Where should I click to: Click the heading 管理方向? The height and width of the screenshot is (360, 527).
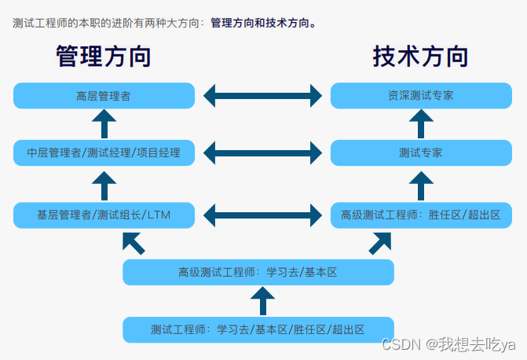104,57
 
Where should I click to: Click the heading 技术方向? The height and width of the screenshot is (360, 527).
420,57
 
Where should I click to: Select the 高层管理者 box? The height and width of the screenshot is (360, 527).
104,96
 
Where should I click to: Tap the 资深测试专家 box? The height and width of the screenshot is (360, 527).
420,96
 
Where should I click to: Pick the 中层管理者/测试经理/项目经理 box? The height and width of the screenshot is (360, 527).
104,152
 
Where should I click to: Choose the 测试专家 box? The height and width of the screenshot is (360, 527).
420,152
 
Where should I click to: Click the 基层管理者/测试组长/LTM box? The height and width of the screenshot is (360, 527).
104,214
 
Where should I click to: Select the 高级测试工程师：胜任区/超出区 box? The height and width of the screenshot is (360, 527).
420,214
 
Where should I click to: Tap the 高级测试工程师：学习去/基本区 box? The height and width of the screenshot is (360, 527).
258,272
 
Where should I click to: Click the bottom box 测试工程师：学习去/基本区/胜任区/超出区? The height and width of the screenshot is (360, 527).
258,329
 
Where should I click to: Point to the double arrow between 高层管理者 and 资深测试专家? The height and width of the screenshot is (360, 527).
262,96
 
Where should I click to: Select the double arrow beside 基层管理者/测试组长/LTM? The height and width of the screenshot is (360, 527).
262,214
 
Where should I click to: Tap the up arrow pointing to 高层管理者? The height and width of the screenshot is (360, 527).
104,124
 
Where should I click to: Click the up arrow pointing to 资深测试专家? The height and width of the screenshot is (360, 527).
420,124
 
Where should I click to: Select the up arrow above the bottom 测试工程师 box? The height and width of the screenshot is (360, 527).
262,300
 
